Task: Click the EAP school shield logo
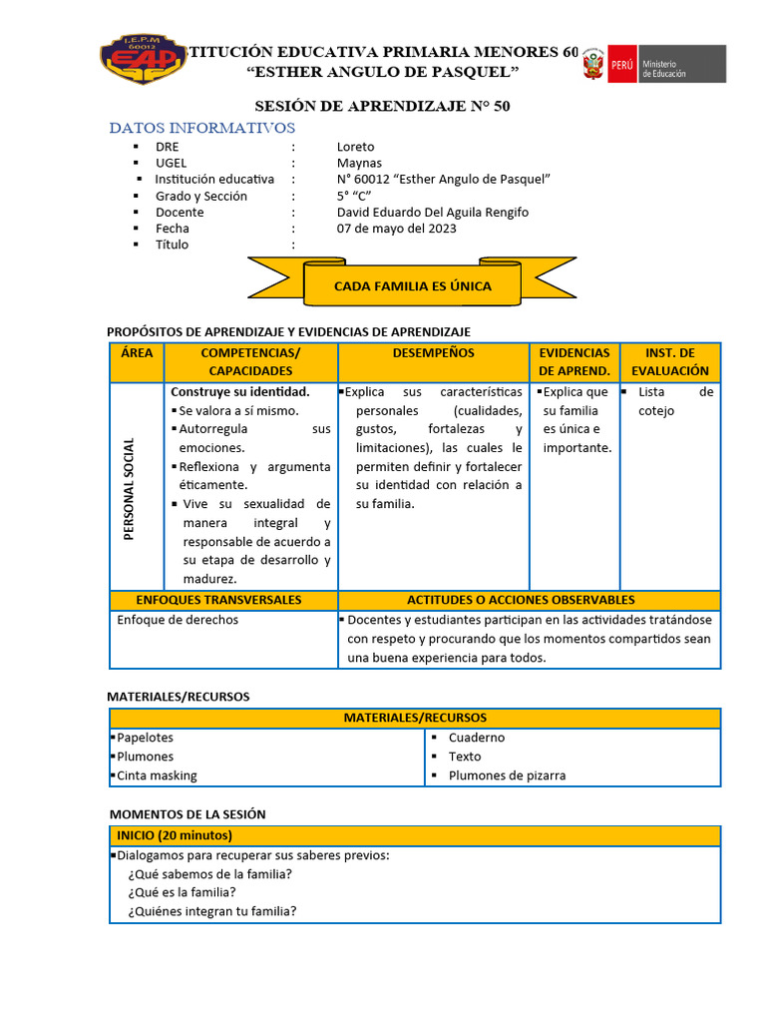click(x=144, y=61)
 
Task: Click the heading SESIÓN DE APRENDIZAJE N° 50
click(x=383, y=106)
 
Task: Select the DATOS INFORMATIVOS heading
click(x=202, y=128)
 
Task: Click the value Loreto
click(x=356, y=147)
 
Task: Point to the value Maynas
click(x=359, y=163)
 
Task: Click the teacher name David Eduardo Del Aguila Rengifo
click(x=433, y=212)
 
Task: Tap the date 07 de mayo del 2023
click(x=397, y=229)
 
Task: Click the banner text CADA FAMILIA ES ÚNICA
click(x=412, y=286)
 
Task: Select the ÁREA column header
click(x=137, y=353)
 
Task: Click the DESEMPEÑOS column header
click(x=434, y=353)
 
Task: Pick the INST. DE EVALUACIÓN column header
click(x=669, y=361)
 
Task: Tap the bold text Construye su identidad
click(x=240, y=391)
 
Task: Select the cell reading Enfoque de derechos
click(x=178, y=620)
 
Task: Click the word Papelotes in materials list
click(x=145, y=738)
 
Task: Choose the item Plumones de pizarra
click(x=507, y=775)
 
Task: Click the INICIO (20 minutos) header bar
click(x=414, y=835)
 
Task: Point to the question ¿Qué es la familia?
click(x=182, y=892)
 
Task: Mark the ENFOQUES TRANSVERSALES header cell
click(x=218, y=600)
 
